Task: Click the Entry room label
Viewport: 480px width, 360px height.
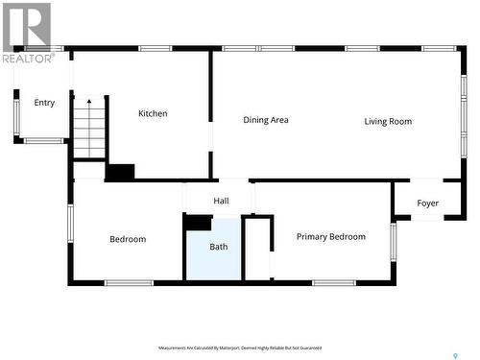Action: pyautogui.click(x=44, y=103)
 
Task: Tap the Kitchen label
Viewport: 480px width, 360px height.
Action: pyautogui.click(x=153, y=113)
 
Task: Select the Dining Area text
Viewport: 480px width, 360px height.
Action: pyautogui.click(x=266, y=120)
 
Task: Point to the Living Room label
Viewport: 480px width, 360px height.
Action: pyautogui.click(x=388, y=121)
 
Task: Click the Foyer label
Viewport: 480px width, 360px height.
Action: pyautogui.click(x=427, y=204)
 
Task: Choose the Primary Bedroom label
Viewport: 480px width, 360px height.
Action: pyautogui.click(x=330, y=236)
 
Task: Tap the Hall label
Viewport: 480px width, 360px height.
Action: pyautogui.click(x=221, y=201)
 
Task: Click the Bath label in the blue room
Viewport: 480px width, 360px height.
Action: pyautogui.click(x=219, y=247)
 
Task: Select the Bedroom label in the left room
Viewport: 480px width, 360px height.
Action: pyautogui.click(x=128, y=239)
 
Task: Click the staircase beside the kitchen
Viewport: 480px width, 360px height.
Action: pyautogui.click(x=89, y=132)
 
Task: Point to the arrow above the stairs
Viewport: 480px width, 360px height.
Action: pyautogui.click(x=89, y=102)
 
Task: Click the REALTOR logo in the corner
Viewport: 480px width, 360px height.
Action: pyautogui.click(x=27, y=33)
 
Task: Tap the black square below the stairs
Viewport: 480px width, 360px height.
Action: pyautogui.click(x=120, y=173)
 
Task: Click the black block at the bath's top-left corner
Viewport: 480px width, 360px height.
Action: pyautogui.click(x=198, y=222)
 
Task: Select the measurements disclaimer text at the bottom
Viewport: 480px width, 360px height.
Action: pyautogui.click(x=240, y=348)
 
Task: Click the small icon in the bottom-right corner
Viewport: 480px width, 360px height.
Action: pyautogui.click(x=454, y=355)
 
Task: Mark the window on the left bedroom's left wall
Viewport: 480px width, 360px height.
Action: pyautogui.click(x=70, y=222)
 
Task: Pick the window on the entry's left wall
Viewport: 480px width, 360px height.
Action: pyautogui.click(x=16, y=115)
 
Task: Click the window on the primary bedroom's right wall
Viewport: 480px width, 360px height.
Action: pyautogui.click(x=392, y=241)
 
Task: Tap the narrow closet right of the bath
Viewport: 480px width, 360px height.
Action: pyautogui.click(x=257, y=250)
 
